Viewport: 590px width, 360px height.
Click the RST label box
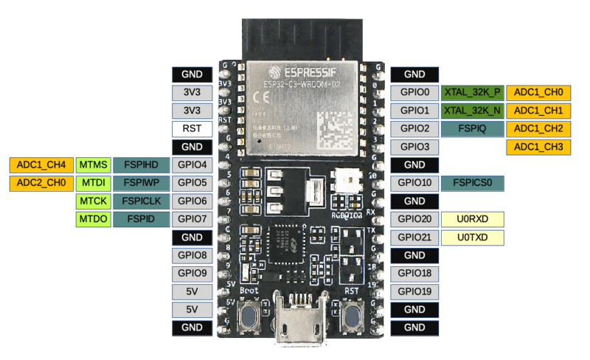(x=192, y=128)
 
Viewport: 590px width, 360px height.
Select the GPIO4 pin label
(x=192, y=164)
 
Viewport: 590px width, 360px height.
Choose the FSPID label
(x=140, y=219)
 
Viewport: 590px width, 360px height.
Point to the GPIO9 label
(x=192, y=273)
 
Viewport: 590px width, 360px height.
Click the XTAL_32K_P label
(x=472, y=93)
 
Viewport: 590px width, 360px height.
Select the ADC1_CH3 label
(x=538, y=147)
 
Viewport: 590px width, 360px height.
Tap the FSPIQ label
(x=472, y=128)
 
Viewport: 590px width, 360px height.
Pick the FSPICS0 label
(x=472, y=182)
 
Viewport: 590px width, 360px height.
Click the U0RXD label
(x=472, y=219)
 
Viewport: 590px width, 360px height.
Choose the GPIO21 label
(x=414, y=237)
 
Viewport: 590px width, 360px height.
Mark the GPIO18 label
(x=414, y=273)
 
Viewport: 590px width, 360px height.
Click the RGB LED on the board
(x=346, y=179)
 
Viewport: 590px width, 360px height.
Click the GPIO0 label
(x=414, y=93)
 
